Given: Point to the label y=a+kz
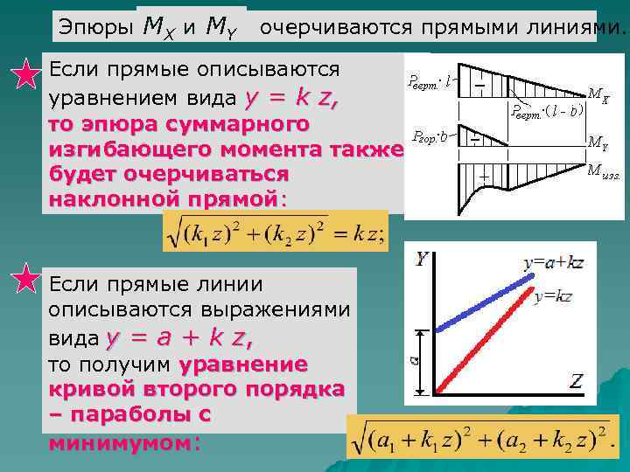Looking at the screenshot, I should point(553,262).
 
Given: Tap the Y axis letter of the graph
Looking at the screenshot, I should point(422,259).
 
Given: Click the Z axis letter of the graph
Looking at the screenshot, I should point(576,380).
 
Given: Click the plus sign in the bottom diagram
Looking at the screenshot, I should point(483,176).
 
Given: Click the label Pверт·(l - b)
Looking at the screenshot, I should point(548,111).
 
